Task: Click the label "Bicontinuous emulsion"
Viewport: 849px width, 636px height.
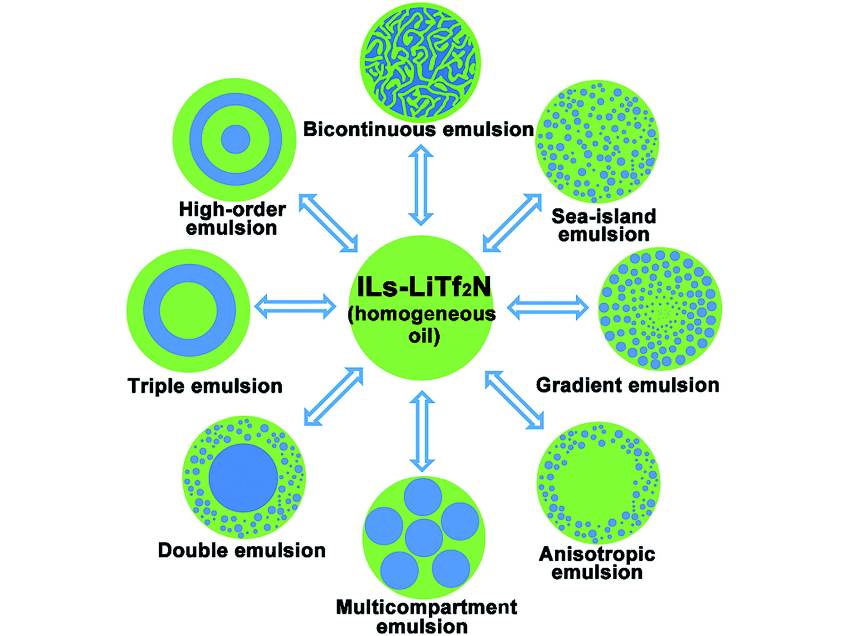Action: pyautogui.click(x=418, y=129)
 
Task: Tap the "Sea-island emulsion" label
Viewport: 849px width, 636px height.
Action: pyautogui.click(x=604, y=225)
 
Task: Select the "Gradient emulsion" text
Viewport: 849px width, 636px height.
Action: pyautogui.click(x=627, y=385)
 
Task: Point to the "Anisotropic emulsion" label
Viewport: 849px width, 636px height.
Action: pyautogui.click(x=597, y=563)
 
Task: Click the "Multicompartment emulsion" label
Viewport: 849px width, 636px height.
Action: pyautogui.click(x=426, y=616)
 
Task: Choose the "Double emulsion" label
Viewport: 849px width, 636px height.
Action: pyautogui.click(x=242, y=550)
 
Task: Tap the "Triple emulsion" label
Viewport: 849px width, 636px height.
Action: pyautogui.click(x=205, y=386)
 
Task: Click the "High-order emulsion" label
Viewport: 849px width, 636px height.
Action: pyautogui.click(x=232, y=218)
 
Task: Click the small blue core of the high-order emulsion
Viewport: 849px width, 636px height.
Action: pyautogui.click(x=235, y=139)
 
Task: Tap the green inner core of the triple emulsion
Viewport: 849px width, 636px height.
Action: pyautogui.click(x=188, y=310)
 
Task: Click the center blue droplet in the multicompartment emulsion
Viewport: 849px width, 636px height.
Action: pyautogui.click(x=423, y=537)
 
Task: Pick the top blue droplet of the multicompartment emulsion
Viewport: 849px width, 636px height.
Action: pyautogui.click(x=423, y=497)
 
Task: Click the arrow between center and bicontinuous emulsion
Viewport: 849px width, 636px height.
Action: pyautogui.click(x=421, y=185)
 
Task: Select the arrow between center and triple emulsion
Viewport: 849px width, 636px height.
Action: pyautogui.click(x=295, y=306)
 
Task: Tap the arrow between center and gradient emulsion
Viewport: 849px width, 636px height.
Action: pyautogui.click(x=548, y=307)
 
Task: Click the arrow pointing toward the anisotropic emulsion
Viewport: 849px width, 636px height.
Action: pyautogui.click(x=514, y=400)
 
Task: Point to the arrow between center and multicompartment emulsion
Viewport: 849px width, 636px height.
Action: pyautogui.click(x=422, y=431)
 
